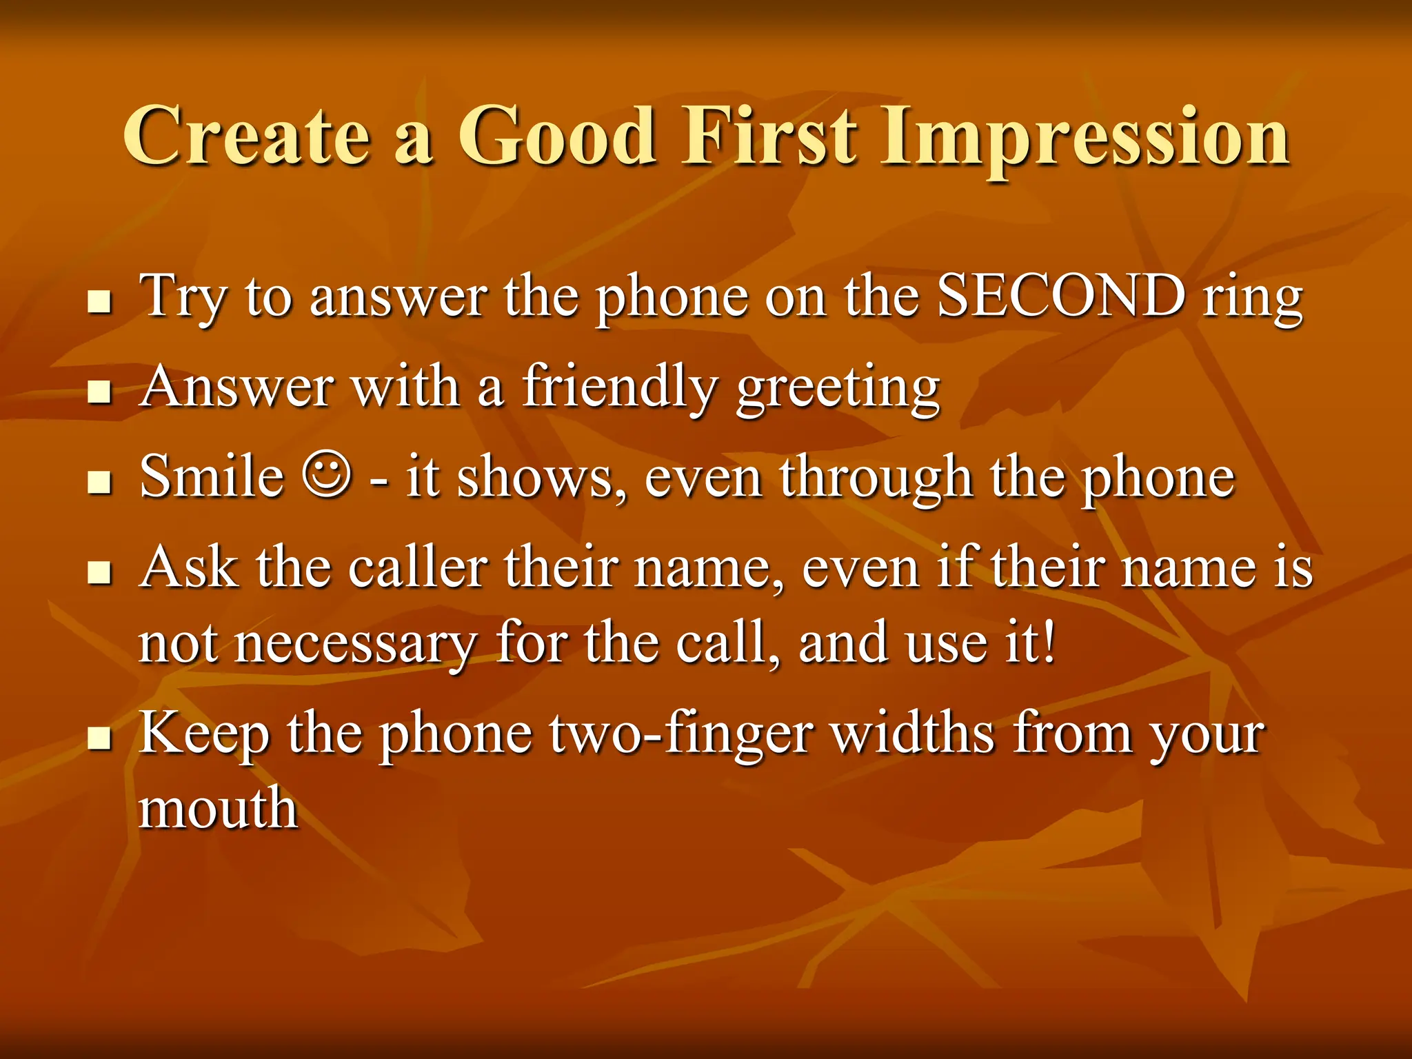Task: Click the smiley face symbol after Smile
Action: (326, 475)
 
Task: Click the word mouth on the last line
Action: (218, 808)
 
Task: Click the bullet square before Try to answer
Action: (101, 302)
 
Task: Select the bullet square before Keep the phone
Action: (101, 738)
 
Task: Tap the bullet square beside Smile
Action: (101, 483)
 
